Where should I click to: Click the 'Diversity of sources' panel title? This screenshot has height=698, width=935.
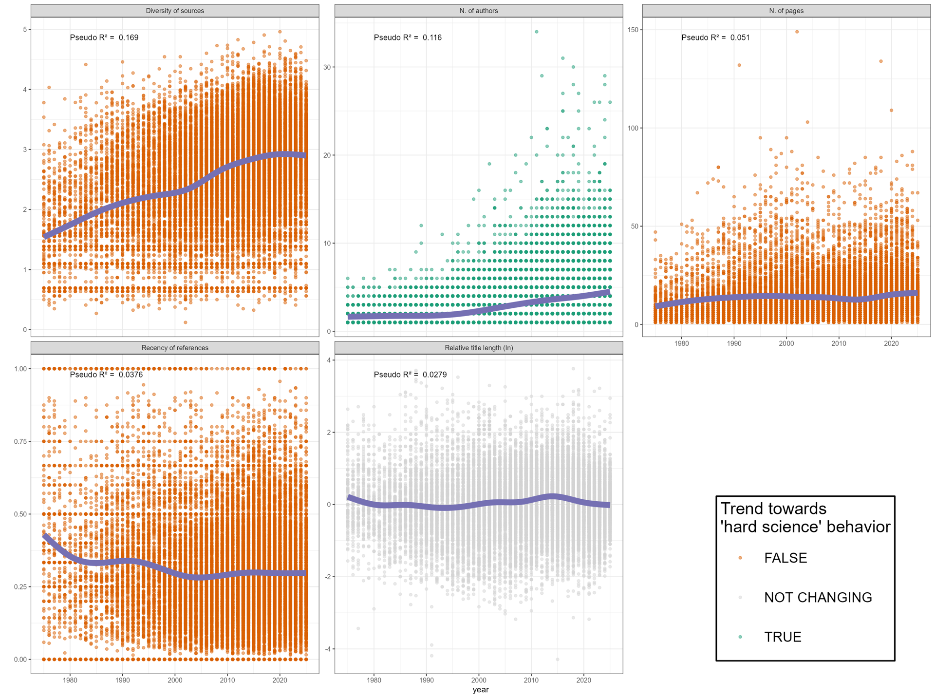(175, 11)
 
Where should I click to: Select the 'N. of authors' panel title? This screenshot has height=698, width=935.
(478, 11)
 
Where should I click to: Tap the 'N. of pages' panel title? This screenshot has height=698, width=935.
(786, 11)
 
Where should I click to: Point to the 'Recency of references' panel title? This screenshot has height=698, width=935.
(175, 348)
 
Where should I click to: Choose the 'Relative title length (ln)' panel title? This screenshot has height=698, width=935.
(478, 348)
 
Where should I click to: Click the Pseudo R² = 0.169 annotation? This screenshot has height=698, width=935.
(104, 38)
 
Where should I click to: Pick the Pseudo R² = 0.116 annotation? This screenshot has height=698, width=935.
(408, 38)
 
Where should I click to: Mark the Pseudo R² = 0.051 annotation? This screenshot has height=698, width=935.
(715, 38)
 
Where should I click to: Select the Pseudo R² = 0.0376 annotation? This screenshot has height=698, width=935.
(106, 375)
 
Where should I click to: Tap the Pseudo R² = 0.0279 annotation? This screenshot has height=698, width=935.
(410, 375)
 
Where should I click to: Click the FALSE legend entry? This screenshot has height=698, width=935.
(785, 558)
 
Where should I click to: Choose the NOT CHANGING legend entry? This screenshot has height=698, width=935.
(818, 598)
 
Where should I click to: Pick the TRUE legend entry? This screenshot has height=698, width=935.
(782, 637)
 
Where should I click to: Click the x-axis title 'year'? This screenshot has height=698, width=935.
(480, 690)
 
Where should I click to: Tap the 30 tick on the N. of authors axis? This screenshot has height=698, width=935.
(327, 67)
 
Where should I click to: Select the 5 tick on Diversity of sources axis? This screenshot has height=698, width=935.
(24, 29)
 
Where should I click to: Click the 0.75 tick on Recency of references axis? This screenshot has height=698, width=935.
(20, 441)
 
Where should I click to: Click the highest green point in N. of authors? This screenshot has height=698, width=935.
(537, 32)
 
